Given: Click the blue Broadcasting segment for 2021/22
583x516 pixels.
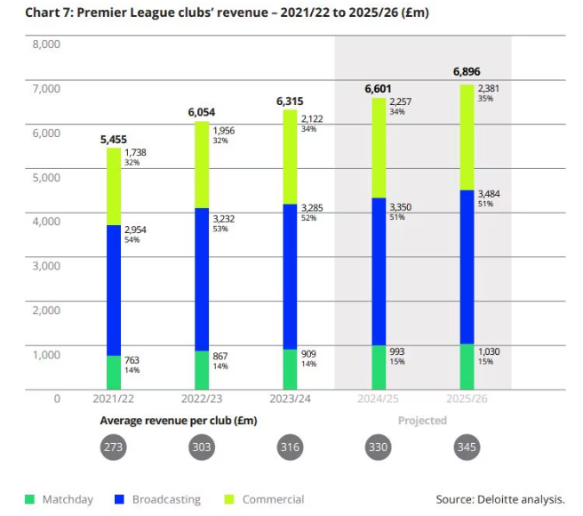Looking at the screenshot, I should (x=114, y=290).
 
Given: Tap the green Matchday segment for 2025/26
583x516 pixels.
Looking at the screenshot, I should (x=466, y=366).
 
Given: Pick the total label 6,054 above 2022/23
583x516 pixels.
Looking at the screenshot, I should (x=203, y=112).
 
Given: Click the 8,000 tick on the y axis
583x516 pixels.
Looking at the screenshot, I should (x=44, y=44).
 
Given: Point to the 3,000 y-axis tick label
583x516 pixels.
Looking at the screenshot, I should (x=44, y=266).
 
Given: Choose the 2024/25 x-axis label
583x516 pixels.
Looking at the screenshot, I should (x=379, y=399).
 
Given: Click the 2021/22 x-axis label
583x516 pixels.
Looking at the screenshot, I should (x=114, y=399).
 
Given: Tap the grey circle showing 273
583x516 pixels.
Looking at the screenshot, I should (x=114, y=447).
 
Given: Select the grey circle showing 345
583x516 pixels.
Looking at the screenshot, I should (x=467, y=447).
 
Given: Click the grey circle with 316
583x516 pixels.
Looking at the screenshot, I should (x=290, y=447).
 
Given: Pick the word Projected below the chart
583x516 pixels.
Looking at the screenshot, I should (x=422, y=421).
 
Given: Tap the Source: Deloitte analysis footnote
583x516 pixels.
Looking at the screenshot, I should (x=500, y=500).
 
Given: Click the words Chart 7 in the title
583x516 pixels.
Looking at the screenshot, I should (x=39, y=13).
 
